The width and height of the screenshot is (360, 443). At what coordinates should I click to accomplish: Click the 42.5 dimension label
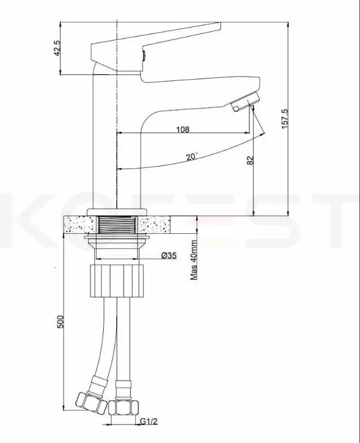[58, 49]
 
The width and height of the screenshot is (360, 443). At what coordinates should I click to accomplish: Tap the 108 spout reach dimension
[183, 129]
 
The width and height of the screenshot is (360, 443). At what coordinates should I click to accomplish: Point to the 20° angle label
[192, 156]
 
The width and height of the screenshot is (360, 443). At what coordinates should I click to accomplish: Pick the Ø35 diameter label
[169, 256]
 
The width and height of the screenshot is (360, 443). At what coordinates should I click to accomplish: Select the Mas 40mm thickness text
[194, 261]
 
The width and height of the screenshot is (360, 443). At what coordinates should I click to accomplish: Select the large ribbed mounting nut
[117, 280]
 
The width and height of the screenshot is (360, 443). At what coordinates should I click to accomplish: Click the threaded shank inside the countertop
[117, 225]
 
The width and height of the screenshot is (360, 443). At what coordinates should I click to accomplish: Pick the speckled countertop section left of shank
[78, 225]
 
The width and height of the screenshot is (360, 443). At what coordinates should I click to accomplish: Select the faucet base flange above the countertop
[117, 211]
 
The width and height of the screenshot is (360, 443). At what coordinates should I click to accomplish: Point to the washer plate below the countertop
[117, 239]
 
